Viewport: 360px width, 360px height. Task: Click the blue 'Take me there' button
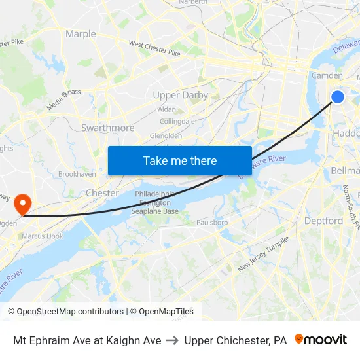pyautogui.click(x=180, y=160)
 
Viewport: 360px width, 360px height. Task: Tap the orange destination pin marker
pyautogui.click(x=22, y=204)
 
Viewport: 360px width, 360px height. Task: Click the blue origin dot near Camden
pyautogui.click(x=338, y=97)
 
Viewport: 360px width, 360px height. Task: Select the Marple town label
pyautogui.click(x=81, y=34)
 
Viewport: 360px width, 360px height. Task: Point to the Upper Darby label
pyautogui.click(x=180, y=95)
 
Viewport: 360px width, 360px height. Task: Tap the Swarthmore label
pyautogui.click(x=107, y=128)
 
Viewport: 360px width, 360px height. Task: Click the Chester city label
pyautogui.click(x=102, y=193)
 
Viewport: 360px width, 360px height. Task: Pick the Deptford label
pyautogui.click(x=323, y=221)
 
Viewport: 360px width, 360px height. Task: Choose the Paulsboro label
pyautogui.click(x=211, y=223)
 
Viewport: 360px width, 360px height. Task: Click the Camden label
pyautogui.click(x=327, y=76)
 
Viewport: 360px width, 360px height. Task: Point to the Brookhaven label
pyautogui.click(x=77, y=174)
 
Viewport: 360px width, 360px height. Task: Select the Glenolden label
pyautogui.click(x=166, y=135)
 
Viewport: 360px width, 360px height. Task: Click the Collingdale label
pyautogui.click(x=177, y=121)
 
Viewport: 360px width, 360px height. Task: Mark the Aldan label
pyautogui.click(x=167, y=109)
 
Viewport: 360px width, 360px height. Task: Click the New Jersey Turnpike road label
pyautogui.click(x=263, y=254)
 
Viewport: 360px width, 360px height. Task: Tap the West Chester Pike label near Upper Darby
pyautogui.click(x=154, y=48)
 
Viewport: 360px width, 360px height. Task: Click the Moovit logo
pyautogui.click(x=321, y=340)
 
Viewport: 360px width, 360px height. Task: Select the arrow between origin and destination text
pyautogui.click(x=173, y=340)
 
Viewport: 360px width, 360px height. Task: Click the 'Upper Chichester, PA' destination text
pyautogui.click(x=236, y=340)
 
